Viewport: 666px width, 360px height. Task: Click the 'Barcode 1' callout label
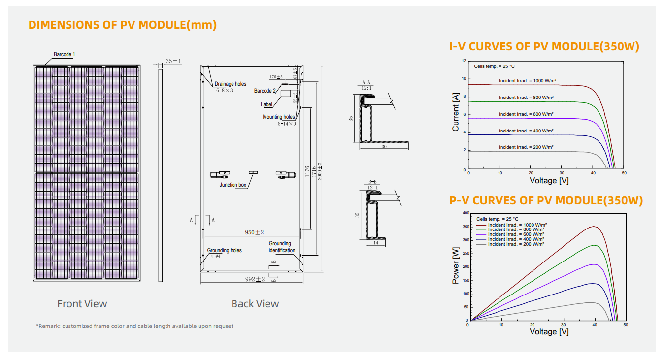click(x=64, y=54)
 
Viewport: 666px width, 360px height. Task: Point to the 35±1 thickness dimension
click(x=173, y=61)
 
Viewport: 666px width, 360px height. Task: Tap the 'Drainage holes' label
click(x=230, y=84)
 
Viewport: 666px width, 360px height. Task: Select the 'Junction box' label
click(x=233, y=185)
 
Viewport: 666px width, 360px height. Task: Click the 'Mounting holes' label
click(x=278, y=117)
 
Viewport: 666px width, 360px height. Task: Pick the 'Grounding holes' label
click(x=224, y=250)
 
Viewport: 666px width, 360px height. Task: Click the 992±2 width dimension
click(x=255, y=279)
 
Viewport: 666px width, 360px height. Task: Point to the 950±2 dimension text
click(x=255, y=232)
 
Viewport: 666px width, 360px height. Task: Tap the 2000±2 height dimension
click(x=319, y=171)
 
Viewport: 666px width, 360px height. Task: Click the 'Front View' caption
click(x=82, y=304)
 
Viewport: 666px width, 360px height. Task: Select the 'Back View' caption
click(x=255, y=304)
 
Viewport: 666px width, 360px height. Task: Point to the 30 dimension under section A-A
click(x=384, y=147)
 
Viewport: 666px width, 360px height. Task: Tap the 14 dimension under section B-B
click(x=375, y=243)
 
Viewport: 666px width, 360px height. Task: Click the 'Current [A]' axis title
click(x=456, y=112)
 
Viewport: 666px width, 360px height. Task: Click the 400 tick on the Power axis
click(x=466, y=213)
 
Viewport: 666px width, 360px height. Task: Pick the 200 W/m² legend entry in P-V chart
click(x=516, y=244)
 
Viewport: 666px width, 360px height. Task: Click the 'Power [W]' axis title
click(x=456, y=266)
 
